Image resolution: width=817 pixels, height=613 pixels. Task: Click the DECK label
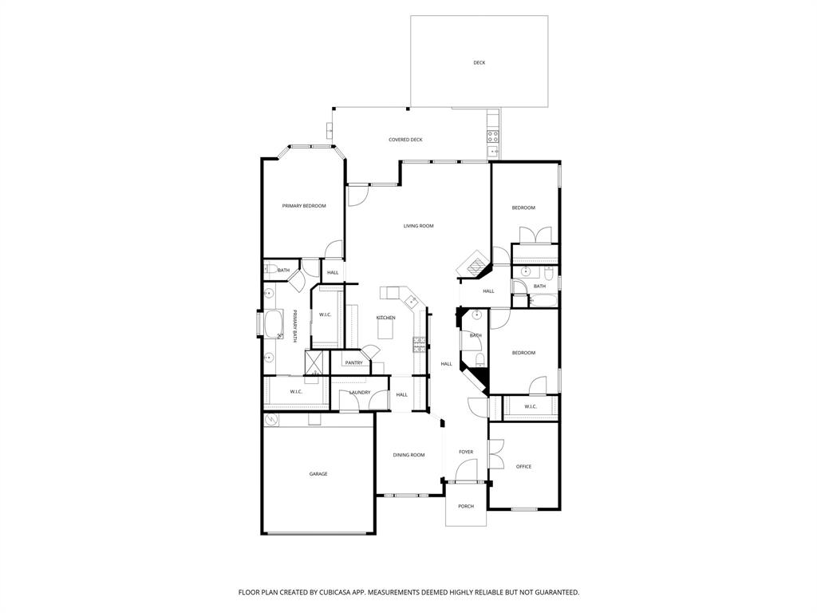[x=479, y=62]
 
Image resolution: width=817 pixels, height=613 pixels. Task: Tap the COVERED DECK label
[x=405, y=140]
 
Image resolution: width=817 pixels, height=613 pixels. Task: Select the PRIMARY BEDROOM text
[x=304, y=206]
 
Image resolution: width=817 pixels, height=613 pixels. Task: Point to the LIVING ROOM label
[x=418, y=226]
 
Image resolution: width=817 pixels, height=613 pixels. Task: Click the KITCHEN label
[x=385, y=318]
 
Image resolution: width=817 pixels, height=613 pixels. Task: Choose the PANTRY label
[x=354, y=363]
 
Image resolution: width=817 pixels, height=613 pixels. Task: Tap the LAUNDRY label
[x=359, y=392]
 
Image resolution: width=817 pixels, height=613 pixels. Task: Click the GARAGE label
[x=318, y=474]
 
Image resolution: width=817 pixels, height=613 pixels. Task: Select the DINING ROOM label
[x=408, y=455]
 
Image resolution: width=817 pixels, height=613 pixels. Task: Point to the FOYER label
[x=466, y=452]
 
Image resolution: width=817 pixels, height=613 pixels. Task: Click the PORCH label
[x=466, y=506]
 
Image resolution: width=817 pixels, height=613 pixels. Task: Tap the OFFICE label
[x=523, y=466]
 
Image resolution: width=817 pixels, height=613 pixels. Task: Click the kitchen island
[x=386, y=328]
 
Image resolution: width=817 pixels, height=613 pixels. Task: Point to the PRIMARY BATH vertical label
[x=294, y=326]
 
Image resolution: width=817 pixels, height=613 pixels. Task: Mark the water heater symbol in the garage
[x=270, y=419]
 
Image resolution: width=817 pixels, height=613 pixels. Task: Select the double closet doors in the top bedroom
[x=535, y=235]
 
